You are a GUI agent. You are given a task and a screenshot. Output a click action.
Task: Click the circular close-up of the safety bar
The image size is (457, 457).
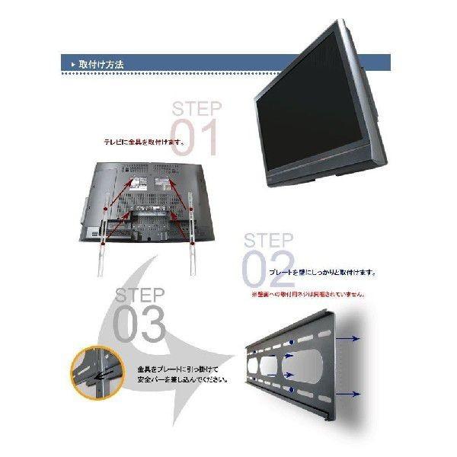(95, 374)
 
